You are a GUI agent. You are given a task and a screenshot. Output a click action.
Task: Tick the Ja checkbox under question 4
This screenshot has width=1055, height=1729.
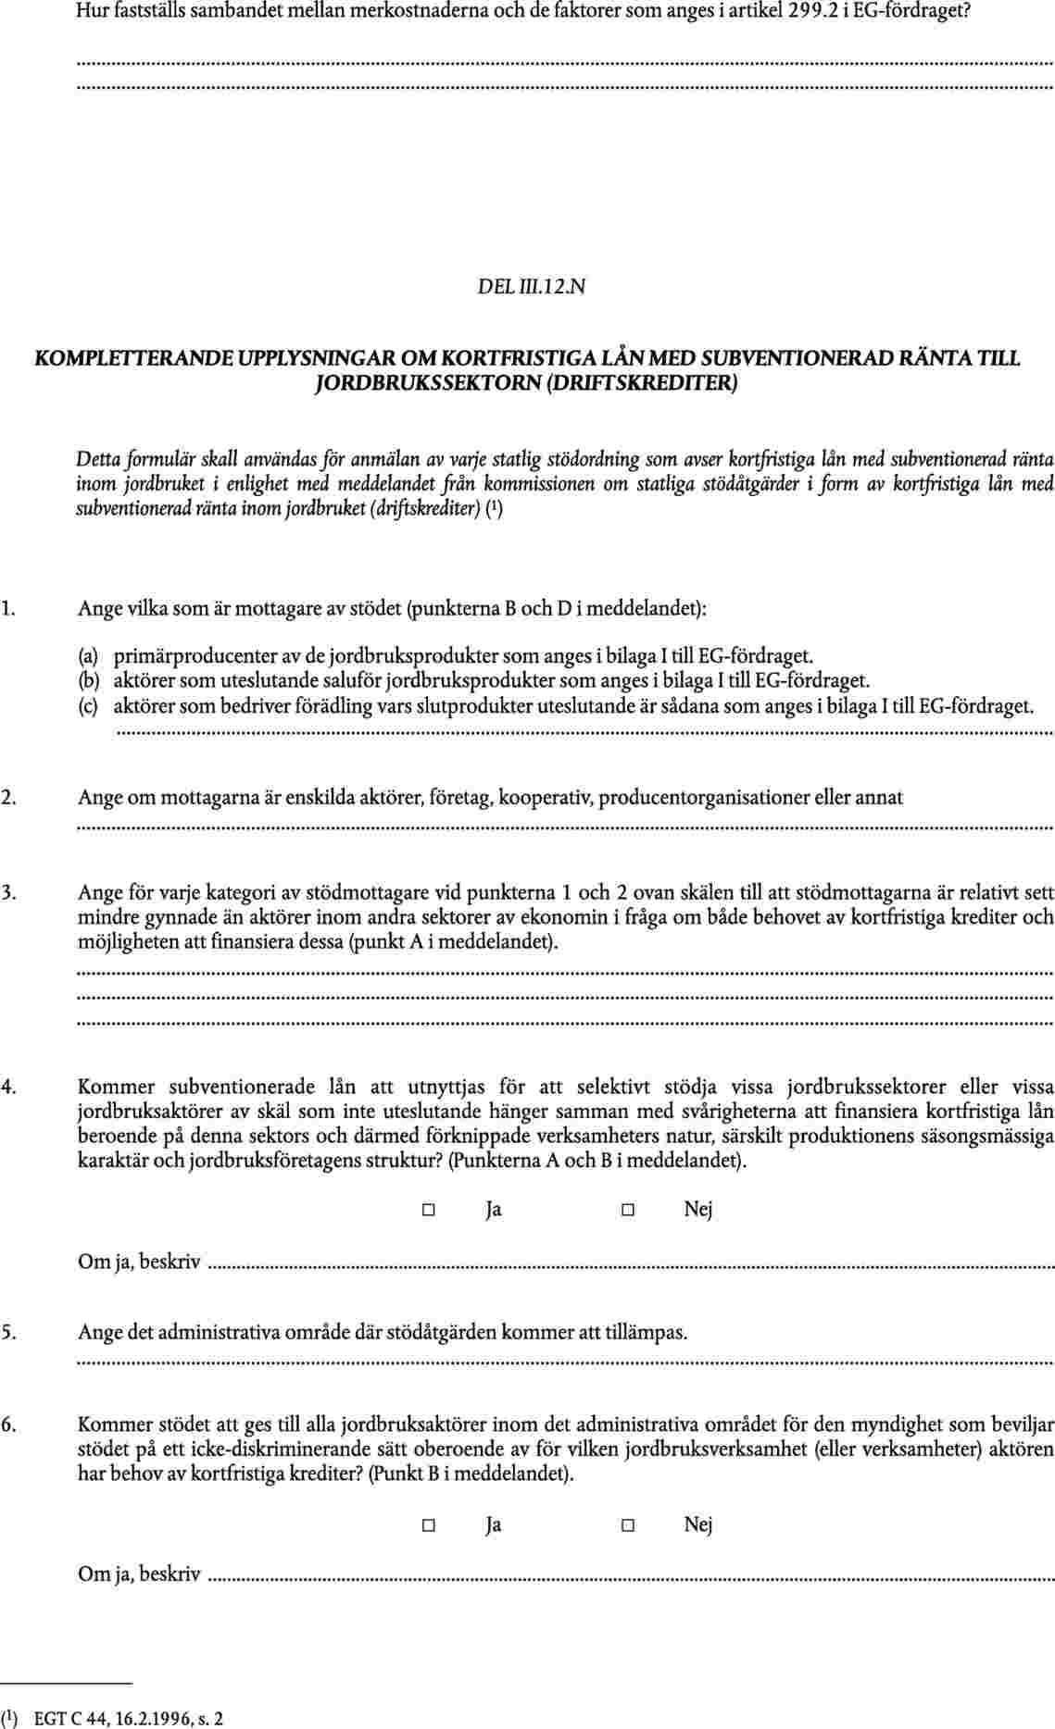(429, 1210)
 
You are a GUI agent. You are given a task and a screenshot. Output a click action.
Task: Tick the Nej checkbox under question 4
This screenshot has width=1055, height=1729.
(627, 1210)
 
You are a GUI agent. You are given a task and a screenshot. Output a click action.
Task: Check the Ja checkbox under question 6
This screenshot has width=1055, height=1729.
(429, 1525)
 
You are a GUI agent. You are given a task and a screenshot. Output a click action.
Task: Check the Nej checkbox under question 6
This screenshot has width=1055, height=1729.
(627, 1525)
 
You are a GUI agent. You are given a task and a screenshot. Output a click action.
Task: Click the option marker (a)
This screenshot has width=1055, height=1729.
(88, 657)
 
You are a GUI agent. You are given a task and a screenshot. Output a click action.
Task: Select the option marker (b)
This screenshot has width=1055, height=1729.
(88, 682)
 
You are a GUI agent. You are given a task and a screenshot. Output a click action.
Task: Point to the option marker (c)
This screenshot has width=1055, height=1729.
(88, 707)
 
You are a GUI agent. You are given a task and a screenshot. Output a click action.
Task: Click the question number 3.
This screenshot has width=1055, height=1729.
(7, 893)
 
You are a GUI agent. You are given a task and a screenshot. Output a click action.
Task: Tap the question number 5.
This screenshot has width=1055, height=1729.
(7, 1333)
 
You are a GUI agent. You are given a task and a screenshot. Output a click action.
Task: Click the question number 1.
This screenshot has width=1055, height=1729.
(7, 610)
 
